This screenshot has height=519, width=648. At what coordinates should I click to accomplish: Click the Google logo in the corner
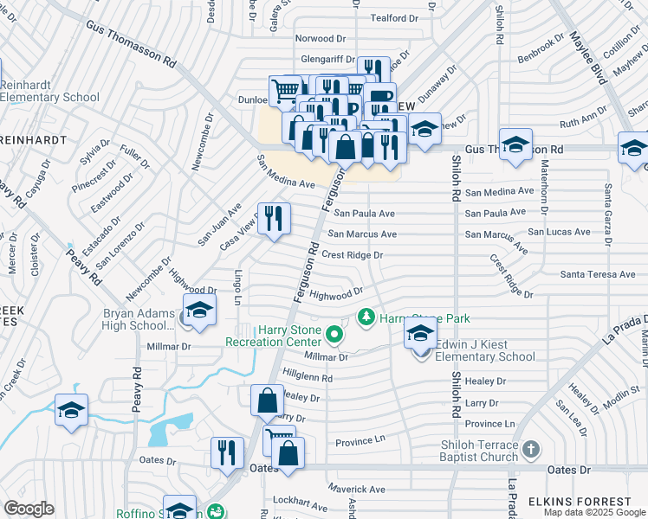point(29,509)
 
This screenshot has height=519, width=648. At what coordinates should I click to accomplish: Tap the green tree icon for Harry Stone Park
point(366,318)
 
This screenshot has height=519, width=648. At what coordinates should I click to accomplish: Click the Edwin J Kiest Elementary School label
point(484,350)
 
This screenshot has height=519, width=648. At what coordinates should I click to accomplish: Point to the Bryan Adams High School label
point(139,319)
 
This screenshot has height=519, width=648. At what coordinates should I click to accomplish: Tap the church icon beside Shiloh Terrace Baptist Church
point(531,450)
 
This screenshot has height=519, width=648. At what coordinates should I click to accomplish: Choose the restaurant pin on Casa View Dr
point(274,220)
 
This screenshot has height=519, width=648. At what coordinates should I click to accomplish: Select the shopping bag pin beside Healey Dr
point(266,401)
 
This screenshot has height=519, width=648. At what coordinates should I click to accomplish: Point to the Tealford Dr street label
point(394,18)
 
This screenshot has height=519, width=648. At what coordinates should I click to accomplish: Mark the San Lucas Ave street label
point(560,232)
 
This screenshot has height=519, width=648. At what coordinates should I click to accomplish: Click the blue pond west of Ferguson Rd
point(169,431)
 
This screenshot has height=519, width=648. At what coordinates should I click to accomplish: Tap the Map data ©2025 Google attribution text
point(593,512)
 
